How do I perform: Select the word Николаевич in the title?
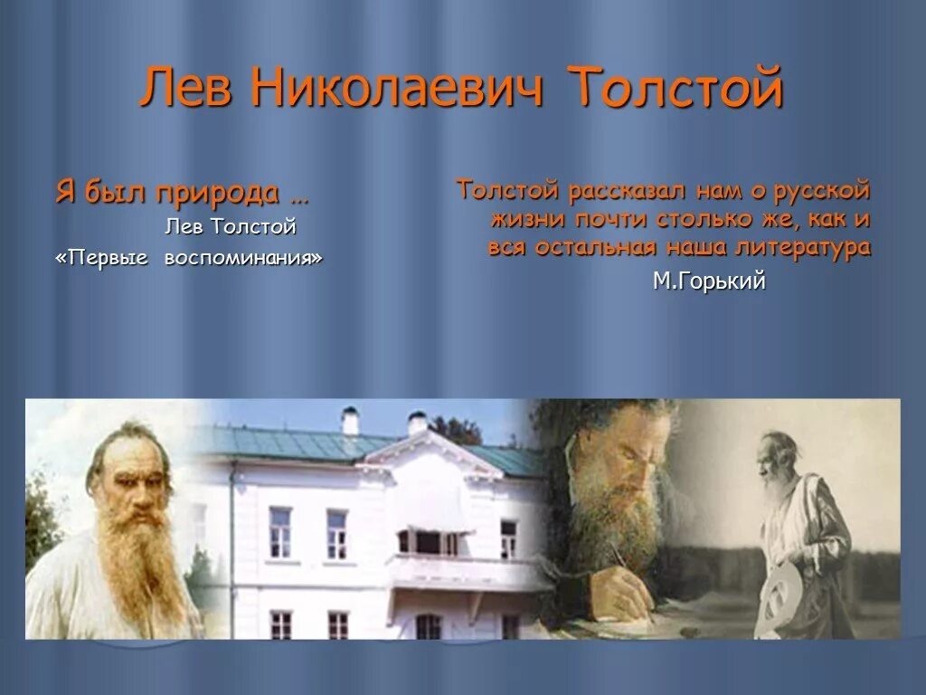click(399, 89)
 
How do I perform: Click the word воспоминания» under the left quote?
click(243, 258)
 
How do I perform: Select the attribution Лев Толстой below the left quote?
click(230, 226)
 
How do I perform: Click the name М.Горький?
click(709, 281)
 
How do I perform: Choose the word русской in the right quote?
click(823, 191)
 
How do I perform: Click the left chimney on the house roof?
click(350, 421)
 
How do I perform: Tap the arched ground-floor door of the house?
click(428, 626)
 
